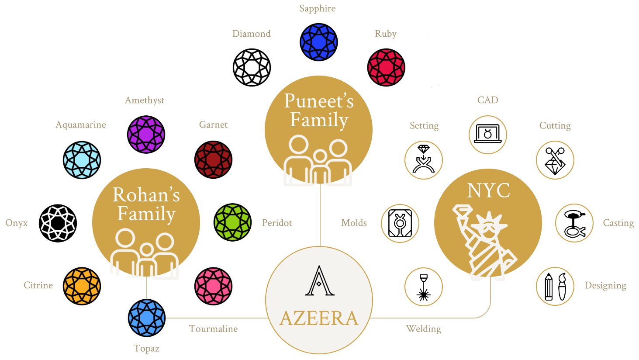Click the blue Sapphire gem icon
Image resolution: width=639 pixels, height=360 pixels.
click(318, 42)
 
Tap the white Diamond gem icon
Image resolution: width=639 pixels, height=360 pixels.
click(252, 67)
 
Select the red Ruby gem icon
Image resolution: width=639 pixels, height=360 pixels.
click(386, 67)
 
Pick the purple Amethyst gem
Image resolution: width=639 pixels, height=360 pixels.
click(146, 135)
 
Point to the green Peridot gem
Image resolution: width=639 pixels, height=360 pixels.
click(232, 222)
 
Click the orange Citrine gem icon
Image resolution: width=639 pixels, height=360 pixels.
click(82, 286)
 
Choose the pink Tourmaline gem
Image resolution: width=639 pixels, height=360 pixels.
click(214, 286)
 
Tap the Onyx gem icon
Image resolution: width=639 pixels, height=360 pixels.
click(58, 223)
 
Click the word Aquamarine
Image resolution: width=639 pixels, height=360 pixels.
click(81, 125)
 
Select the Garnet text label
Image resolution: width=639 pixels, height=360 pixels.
click(213, 125)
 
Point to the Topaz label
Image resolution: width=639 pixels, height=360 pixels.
click(146, 349)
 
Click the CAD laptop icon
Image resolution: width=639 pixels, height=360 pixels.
click(488, 135)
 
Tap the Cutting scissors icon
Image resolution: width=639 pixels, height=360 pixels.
click(555, 160)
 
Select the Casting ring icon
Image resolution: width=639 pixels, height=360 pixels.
click(573, 223)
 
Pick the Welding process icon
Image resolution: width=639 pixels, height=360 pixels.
click(423, 287)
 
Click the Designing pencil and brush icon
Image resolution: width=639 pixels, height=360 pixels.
click(555, 286)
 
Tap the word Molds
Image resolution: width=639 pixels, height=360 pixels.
click(354, 223)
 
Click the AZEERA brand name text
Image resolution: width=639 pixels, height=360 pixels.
click(319, 318)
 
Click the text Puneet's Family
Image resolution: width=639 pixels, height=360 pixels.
click(319, 110)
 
